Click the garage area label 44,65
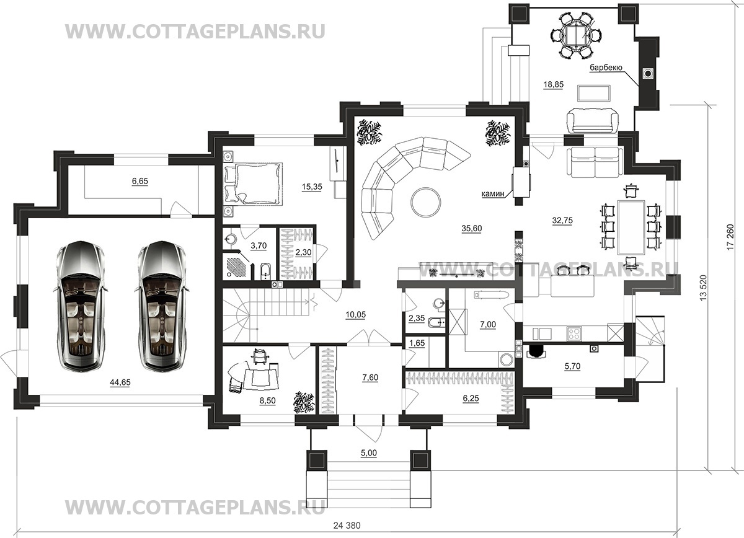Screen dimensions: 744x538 click(x=120, y=382)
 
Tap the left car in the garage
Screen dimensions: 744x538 click(x=81, y=306)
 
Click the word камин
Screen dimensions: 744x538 click(x=494, y=193)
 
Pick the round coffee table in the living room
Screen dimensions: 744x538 click(x=426, y=202)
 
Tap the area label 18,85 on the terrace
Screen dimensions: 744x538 click(x=553, y=85)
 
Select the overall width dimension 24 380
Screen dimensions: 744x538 click(x=347, y=526)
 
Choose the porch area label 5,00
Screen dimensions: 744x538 click(x=369, y=453)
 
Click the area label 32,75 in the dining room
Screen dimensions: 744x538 click(x=562, y=220)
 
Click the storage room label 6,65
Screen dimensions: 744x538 click(x=140, y=182)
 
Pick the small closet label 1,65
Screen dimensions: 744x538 click(x=417, y=342)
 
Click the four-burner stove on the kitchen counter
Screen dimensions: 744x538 click(x=574, y=333)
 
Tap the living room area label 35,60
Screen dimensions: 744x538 click(x=472, y=228)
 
